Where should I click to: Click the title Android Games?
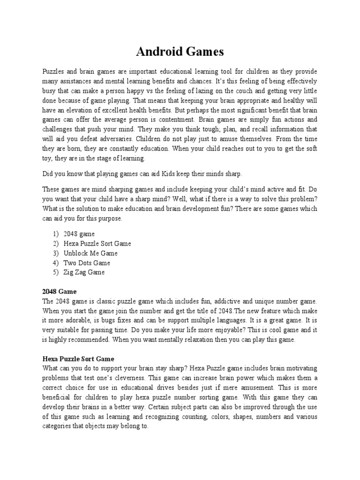pyautogui.click(x=180, y=52)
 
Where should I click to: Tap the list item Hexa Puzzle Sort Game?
pyautogui.click(x=98, y=243)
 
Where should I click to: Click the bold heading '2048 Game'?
pyautogui.click(x=59, y=292)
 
